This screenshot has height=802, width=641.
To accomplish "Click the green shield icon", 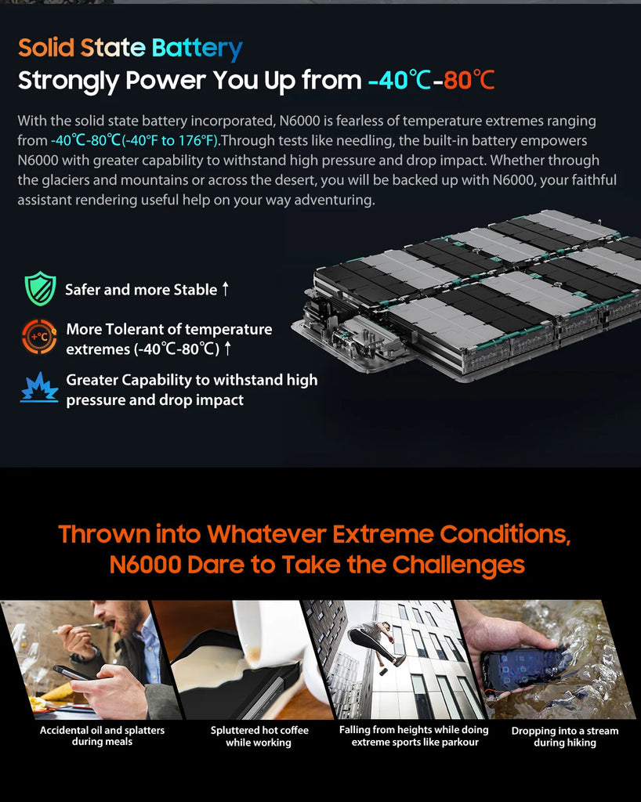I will pos(39,288).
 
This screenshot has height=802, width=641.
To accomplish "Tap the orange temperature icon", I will pos(39,338).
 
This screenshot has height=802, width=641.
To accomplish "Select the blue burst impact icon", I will pos(39,388).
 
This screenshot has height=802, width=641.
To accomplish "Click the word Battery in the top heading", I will pos(197,48).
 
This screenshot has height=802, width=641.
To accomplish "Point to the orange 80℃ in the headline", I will pos(469,81).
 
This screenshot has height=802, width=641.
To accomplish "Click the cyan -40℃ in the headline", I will pos(399,81).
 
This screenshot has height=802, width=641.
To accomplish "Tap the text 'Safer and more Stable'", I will pos(140,290).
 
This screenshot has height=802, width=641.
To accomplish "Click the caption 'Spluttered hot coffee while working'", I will pos(259,736).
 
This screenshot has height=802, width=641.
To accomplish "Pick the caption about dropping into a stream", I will pos(564,736).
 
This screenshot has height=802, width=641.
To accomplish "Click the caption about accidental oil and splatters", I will pos(102,736).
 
